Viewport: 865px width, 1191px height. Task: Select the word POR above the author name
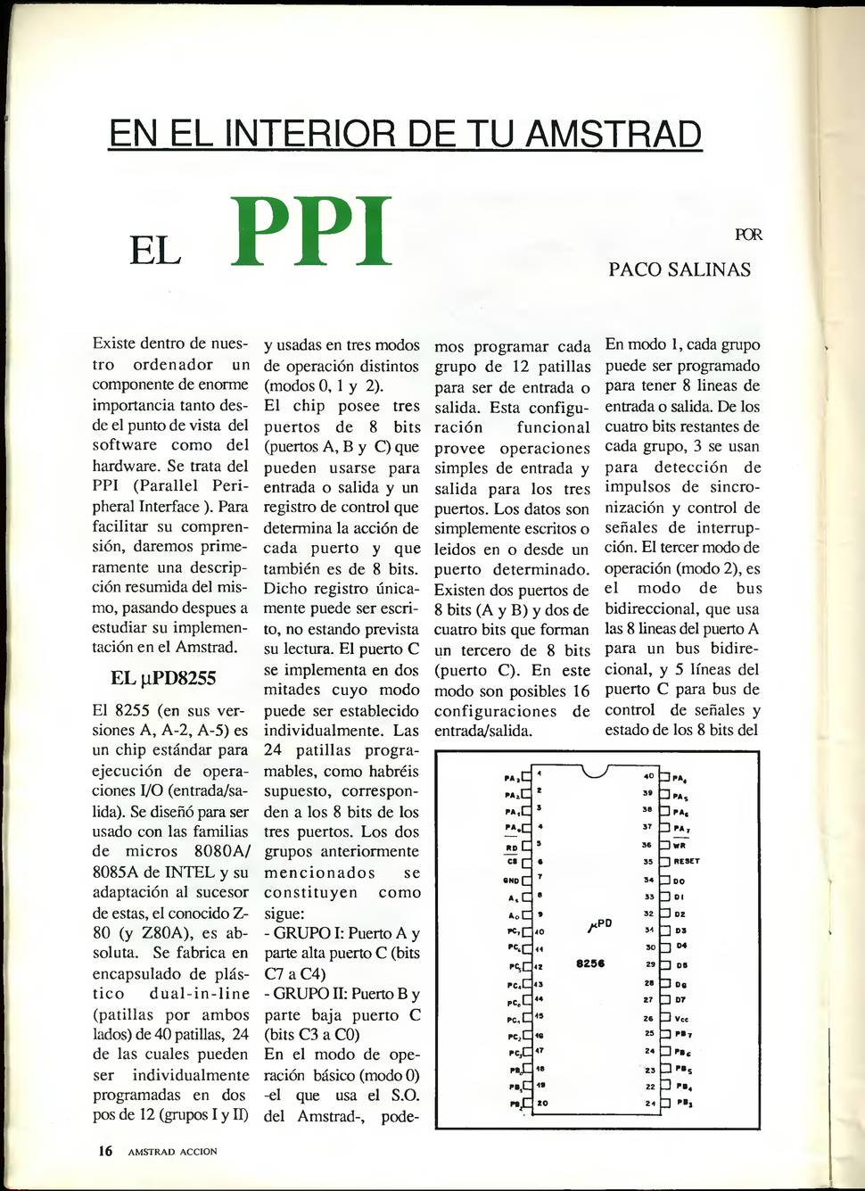tap(748, 235)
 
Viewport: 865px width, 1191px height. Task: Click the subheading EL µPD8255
tap(163, 678)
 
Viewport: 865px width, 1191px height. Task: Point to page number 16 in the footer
tap(105, 1151)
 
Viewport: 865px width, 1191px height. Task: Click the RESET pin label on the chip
tap(687, 862)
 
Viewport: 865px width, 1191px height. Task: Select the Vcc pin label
tap(681, 1018)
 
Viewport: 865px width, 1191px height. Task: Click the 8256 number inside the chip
tap(590, 964)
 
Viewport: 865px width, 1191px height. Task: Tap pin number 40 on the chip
tap(649, 775)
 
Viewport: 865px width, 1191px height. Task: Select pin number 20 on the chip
tap(541, 1103)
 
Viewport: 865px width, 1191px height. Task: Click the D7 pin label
tap(680, 1000)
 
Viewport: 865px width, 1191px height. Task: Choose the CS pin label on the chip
tap(512, 862)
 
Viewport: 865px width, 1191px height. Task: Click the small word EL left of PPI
tap(156, 251)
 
